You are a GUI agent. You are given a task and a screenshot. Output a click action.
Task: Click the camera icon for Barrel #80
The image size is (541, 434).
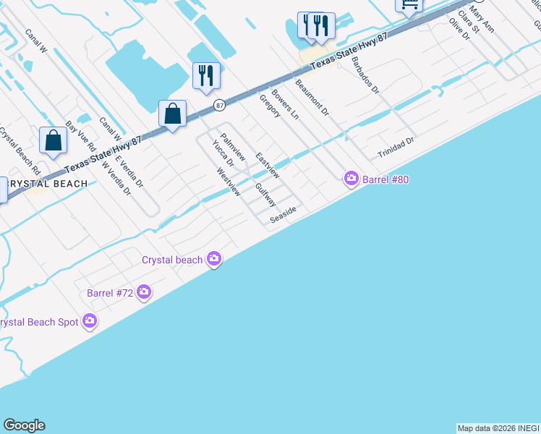[352, 178]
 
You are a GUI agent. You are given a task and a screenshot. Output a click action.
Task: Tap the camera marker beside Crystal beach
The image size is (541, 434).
[213, 258]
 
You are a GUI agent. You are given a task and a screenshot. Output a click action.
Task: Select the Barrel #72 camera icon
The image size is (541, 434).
[144, 292]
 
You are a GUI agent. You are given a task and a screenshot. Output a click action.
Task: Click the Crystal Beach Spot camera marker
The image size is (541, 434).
[90, 320]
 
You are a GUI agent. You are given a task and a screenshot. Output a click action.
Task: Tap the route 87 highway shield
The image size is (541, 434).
[219, 106]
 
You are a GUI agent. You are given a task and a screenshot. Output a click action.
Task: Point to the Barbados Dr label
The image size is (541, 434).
[365, 75]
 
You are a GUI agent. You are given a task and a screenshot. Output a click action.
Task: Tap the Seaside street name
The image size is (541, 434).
[284, 215]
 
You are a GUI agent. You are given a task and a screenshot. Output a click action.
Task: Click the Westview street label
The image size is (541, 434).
[229, 182]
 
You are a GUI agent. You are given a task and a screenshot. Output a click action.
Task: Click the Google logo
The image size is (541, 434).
[24, 425]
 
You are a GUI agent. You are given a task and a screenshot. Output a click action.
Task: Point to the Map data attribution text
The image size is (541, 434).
[498, 428]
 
